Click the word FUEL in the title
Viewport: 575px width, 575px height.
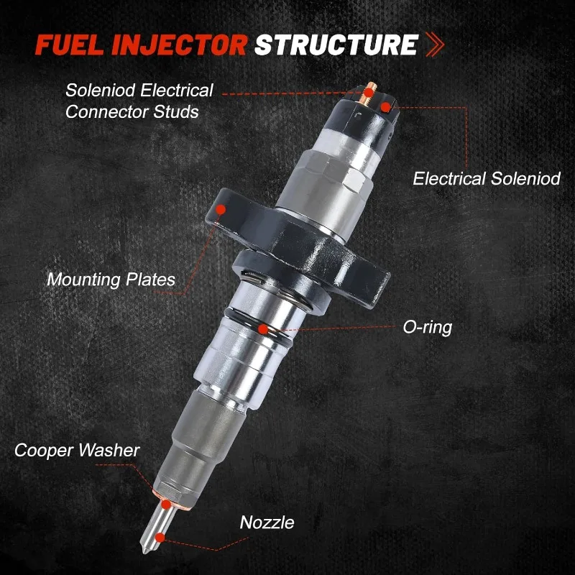click(69, 45)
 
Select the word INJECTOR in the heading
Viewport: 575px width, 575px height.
click(179, 45)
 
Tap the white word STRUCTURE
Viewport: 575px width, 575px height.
click(336, 45)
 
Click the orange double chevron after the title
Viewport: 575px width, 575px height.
click(435, 45)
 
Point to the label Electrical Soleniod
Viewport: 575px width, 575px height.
click(487, 178)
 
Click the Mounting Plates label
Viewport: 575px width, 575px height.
click(111, 280)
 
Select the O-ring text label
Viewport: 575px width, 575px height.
click(428, 327)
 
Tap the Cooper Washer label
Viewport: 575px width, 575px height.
click(77, 451)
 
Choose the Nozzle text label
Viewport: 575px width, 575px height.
click(267, 523)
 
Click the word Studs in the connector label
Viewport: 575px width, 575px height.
click(176, 112)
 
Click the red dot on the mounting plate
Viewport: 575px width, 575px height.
click(221, 209)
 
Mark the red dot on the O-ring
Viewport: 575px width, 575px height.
click(263, 329)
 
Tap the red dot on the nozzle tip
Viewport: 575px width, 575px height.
click(160, 538)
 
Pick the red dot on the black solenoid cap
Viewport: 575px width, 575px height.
click(385, 107)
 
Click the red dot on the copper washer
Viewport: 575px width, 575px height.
click(166, 505)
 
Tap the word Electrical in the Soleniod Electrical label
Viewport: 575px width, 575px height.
click(178, 91)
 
